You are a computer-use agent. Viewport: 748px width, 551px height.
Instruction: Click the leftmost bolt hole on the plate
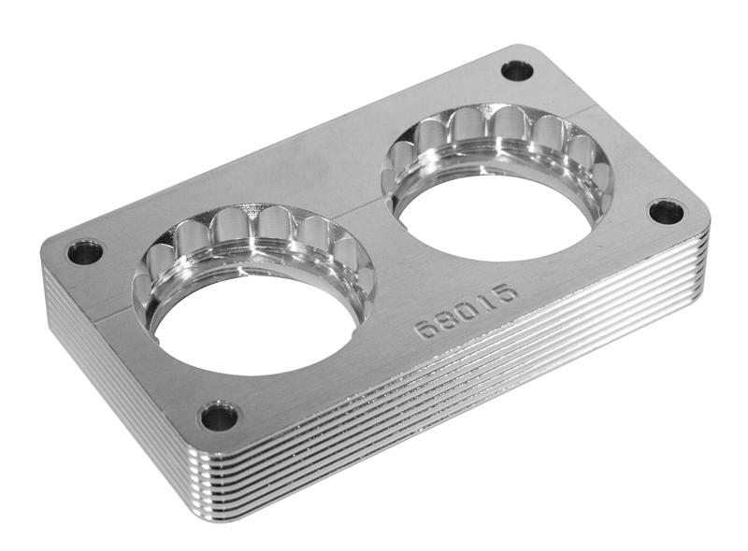click(x=85, y=251)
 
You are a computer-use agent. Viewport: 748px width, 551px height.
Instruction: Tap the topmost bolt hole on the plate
click(x=516, y=70)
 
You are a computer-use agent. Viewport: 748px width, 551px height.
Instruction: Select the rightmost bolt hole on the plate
click(x=666, y=212)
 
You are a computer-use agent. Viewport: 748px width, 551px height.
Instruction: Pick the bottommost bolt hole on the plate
click(x=218, y=416)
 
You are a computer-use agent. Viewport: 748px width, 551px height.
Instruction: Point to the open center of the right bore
click(x=496, y=215)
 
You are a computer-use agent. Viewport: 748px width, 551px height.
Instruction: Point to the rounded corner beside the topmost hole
click(x=542, y=51)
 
